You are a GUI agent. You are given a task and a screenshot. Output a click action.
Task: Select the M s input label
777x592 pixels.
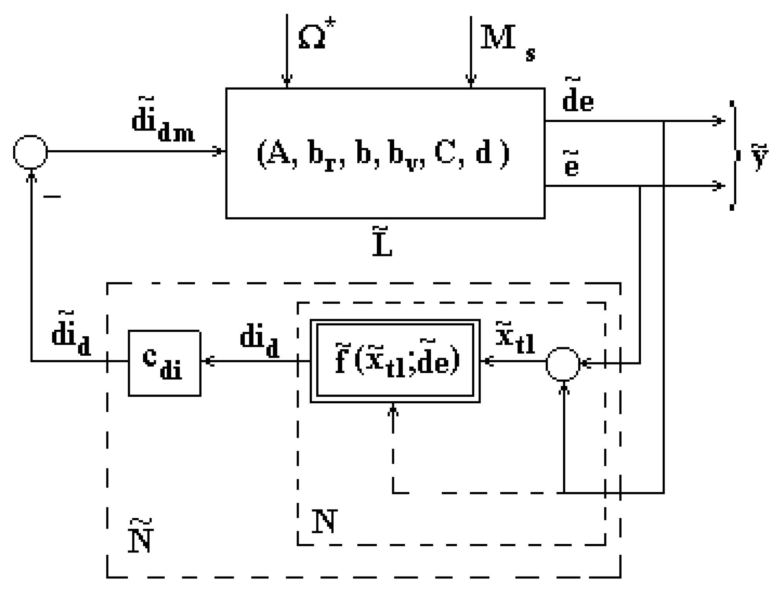[x=506, y=42]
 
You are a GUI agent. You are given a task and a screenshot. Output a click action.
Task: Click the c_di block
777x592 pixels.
[x=164, y=363]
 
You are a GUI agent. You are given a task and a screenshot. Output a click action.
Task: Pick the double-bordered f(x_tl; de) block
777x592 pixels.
[x=395, y=361]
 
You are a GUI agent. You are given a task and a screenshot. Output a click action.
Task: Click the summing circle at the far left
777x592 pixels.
[x=30, y=152]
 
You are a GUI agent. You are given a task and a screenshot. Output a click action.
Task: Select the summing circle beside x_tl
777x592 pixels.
[x=563, y=364]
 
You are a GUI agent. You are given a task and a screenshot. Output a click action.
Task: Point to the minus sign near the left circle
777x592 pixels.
[x=52, y=197]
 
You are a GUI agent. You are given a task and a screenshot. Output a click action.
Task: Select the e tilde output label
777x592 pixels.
[x=571, y=165]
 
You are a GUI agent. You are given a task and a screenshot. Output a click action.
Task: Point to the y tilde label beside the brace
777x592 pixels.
[x=759, y=157]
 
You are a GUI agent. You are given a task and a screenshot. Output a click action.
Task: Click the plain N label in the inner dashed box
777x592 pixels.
[x=324, y=521]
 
